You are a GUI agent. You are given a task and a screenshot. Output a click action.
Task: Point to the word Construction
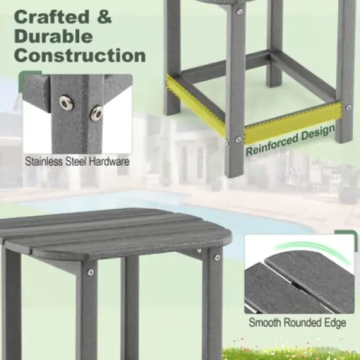point(80,54)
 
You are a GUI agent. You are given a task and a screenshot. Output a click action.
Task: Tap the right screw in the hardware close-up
point(97,113)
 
